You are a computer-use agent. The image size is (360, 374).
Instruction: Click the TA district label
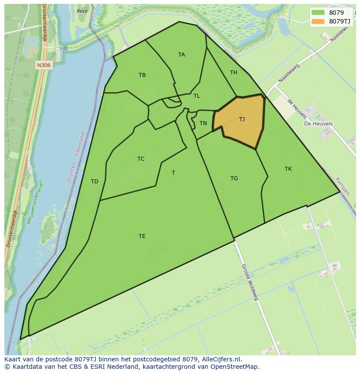click(181, 55)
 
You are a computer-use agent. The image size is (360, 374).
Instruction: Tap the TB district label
click(142, 75)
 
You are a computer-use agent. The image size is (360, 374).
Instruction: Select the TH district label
click(233, 73)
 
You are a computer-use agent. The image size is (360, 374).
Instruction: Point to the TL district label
click(197, 96)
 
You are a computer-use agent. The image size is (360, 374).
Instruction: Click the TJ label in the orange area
click(242, 119)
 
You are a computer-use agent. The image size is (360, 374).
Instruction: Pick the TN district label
click(203, 123)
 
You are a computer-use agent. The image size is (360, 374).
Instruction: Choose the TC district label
click(141, 159)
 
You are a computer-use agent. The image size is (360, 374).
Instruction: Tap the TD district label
click(94, 182)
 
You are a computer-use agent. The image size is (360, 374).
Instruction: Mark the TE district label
click(142, 236)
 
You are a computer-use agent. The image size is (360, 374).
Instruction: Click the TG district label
click(234, 179)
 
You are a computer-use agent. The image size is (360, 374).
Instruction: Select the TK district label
click(288, 169)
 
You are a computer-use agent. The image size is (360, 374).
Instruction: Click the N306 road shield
click(43, 65)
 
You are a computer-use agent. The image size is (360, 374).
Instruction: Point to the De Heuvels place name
click(318, 124)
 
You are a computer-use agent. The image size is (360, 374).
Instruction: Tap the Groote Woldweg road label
click(250, 282)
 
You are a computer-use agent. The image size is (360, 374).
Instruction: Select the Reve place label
click(82, 11)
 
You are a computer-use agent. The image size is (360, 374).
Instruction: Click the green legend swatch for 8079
click(318, 13)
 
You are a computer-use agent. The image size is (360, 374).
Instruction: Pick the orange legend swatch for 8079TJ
click(318, 21)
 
